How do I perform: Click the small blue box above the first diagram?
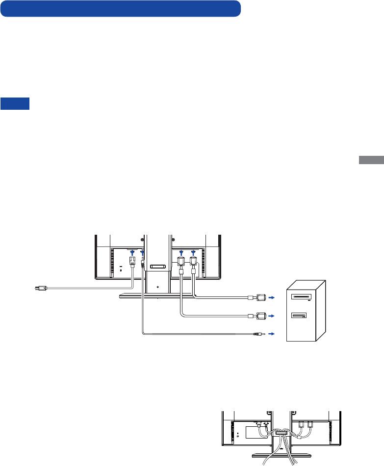pos(15,103)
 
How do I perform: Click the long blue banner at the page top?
pos(120,8)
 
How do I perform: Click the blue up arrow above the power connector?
pos(132,252)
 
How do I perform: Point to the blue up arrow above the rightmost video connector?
pos(193,252)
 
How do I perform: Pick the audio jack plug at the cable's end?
pos(258,334)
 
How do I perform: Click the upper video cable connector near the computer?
pos(258,297)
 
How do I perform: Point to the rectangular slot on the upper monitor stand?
pos(157,267)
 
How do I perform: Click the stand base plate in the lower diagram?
pos(282,459)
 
